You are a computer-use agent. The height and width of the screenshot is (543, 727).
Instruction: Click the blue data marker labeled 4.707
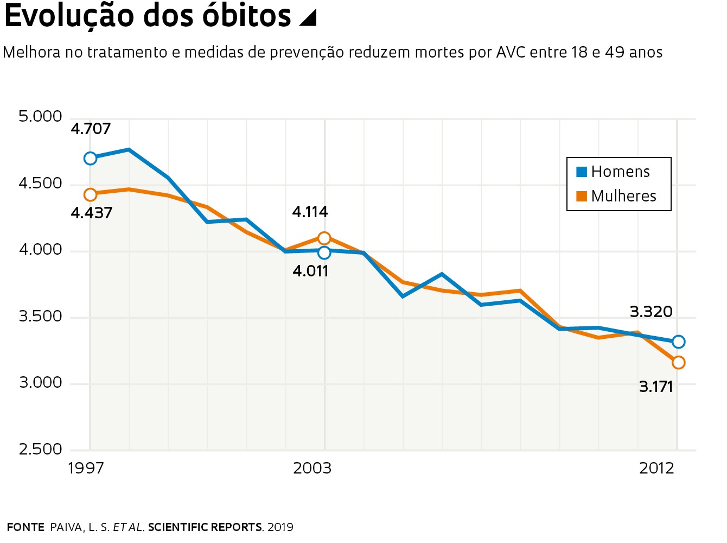click(x=90, y=159)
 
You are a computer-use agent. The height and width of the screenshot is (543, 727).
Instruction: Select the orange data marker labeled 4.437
click(x=90, y=194)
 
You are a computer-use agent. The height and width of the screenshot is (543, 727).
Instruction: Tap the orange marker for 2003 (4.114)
click(x=324, y=238)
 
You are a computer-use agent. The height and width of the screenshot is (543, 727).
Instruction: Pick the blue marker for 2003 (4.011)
click(x=324, y=252)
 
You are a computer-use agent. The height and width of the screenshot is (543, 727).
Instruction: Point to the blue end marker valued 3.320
click(x=678, y=342)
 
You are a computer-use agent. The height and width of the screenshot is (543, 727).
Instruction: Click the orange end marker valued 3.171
click(x=678, y=363)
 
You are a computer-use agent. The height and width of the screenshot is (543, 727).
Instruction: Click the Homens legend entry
click(x=613, y=172)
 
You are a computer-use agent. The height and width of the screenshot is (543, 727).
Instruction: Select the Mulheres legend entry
click(x=616, y=196)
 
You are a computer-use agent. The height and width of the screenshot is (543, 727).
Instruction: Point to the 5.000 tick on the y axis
click(x=41, y=117)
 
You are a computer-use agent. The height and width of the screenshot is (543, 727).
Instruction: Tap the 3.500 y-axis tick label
click(x=41, y=317)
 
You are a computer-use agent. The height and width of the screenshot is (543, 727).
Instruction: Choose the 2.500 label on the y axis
click(x=41, y=450)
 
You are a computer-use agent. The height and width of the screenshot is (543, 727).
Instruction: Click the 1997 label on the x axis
click(x=86, y=468)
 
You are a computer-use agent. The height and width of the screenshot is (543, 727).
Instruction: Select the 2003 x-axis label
click(x=312, y=468)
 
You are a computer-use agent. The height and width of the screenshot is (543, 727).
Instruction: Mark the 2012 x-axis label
click(x=656, y=468)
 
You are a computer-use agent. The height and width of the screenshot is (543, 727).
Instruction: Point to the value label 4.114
click(x=310, y=212)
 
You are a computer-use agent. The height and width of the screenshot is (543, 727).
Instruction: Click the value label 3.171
click(x=656, y=387)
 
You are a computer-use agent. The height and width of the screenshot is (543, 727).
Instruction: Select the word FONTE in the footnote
click(x=25, y=527)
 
